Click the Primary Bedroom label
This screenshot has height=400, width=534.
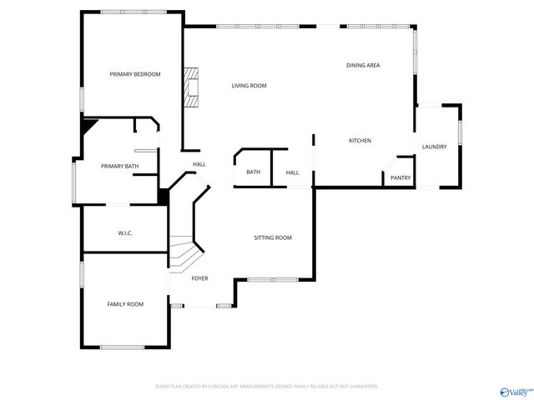(134, 74)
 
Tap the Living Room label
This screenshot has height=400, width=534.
(249, 86)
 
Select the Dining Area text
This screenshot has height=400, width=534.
(364, 65)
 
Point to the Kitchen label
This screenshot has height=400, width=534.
(360, 141)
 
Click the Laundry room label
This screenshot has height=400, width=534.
(434, 147)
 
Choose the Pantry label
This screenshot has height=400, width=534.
(400, 177)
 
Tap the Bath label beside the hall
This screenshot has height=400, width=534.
(253, 172)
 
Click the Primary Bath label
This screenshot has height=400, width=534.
(119, 167)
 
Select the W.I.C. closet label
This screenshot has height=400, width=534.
(125, 233)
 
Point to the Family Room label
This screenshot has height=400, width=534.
(124, 304)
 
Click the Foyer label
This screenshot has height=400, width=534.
(199, 278)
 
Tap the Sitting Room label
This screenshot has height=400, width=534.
(273, 238)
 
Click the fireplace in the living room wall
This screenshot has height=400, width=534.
(193, 87)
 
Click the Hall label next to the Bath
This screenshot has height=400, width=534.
(293, 172)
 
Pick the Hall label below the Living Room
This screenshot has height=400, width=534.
(199, 164)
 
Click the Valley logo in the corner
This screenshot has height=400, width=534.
(514, 391)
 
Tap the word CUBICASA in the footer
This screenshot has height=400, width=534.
(225, 387)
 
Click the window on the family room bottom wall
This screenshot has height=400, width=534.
(122, 347)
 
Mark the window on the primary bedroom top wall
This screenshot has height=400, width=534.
(132, 12)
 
